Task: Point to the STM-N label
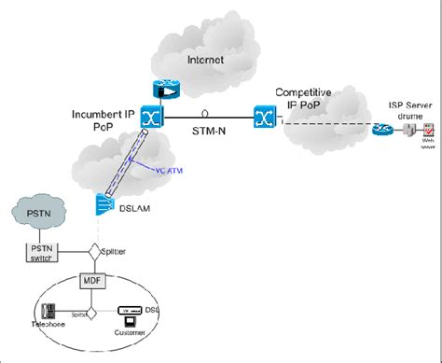point(205,133)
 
